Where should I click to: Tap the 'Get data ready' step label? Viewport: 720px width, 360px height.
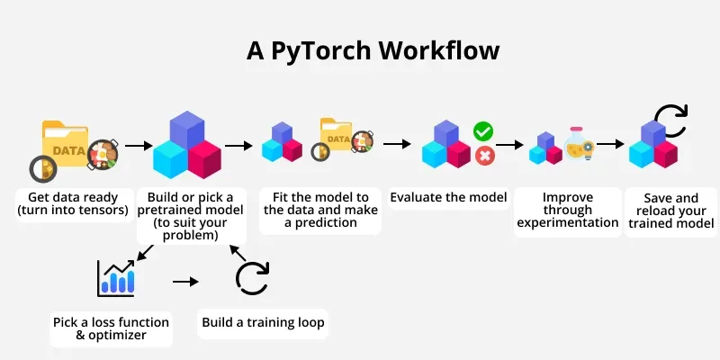pyautogui.click(x=69, y=204)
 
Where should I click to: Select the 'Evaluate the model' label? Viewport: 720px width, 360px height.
pyautogui.click(x=448, y=197)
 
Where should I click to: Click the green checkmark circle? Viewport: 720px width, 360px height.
pyautogui.click(x=484, y=132)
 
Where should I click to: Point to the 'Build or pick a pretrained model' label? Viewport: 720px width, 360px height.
pyautogui.click(x=191, y=216)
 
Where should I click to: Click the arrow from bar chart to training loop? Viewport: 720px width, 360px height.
pyautogui.click(x=184, y=282)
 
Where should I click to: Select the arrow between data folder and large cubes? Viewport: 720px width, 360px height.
pyautogui.click(x=137, y=144)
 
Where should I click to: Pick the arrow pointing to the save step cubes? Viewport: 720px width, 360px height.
pyautogui.click(x=612, y=144)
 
